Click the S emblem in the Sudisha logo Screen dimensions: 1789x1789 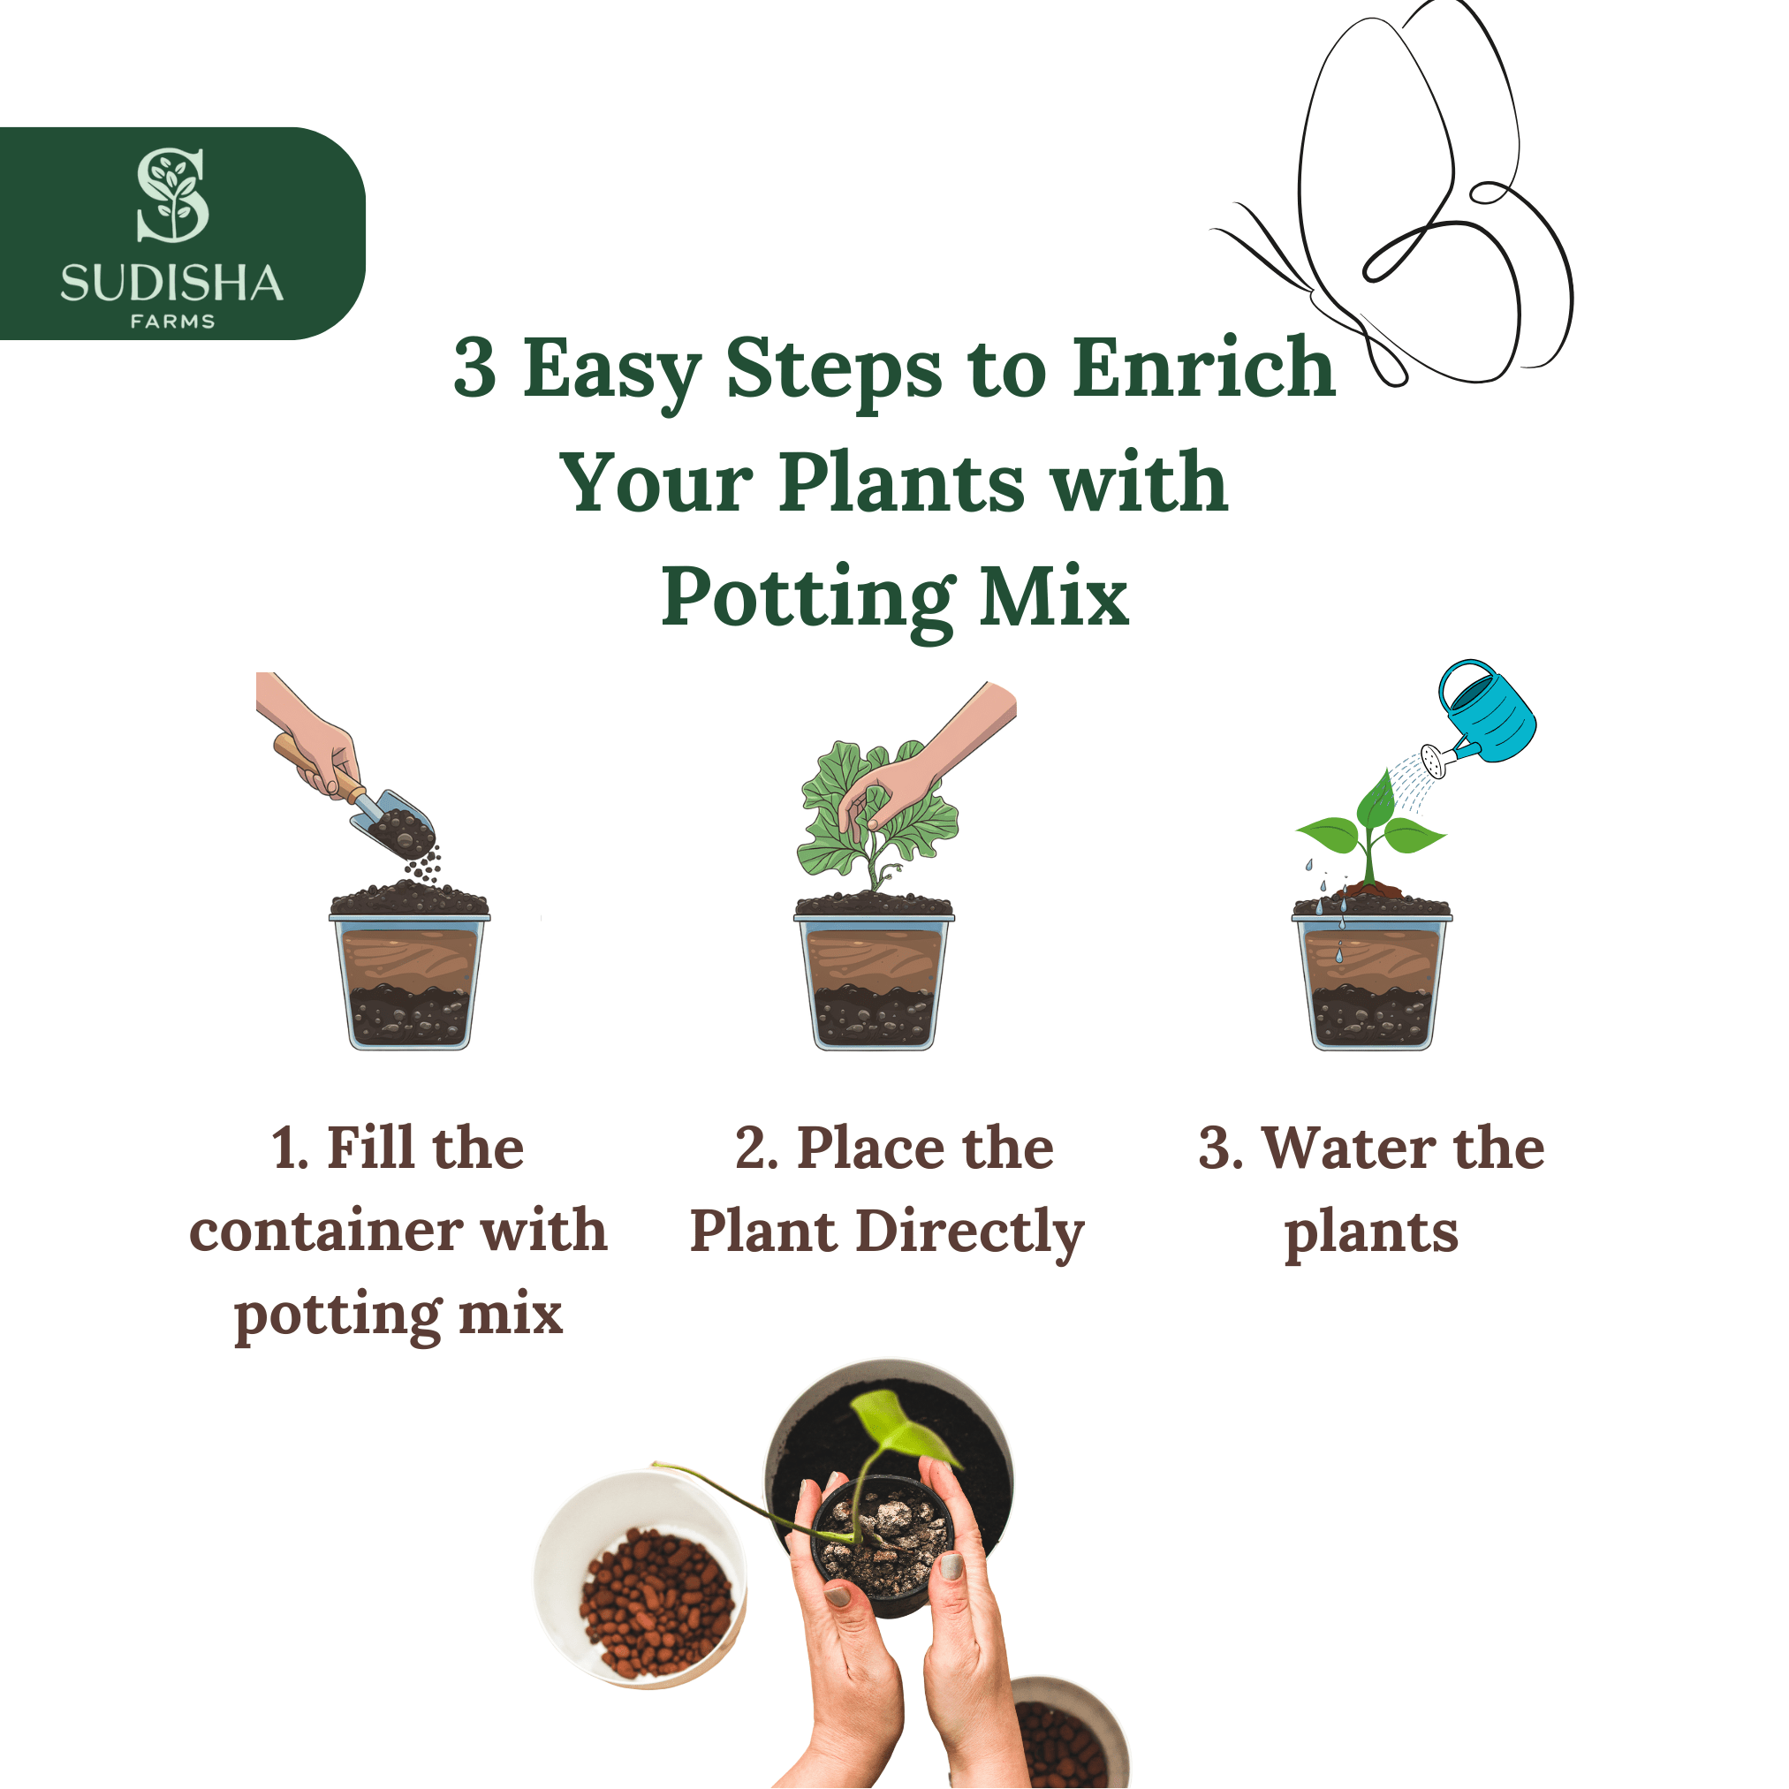172,194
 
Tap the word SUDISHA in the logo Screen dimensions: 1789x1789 171,284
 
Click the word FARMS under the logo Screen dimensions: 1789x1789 172,322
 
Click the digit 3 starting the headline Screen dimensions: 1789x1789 475,368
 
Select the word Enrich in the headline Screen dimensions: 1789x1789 1204,368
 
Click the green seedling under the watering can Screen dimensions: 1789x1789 1370,829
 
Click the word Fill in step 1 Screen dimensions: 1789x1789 368,1148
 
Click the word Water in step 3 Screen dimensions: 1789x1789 1348,1148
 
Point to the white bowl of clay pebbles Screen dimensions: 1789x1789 641,1579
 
